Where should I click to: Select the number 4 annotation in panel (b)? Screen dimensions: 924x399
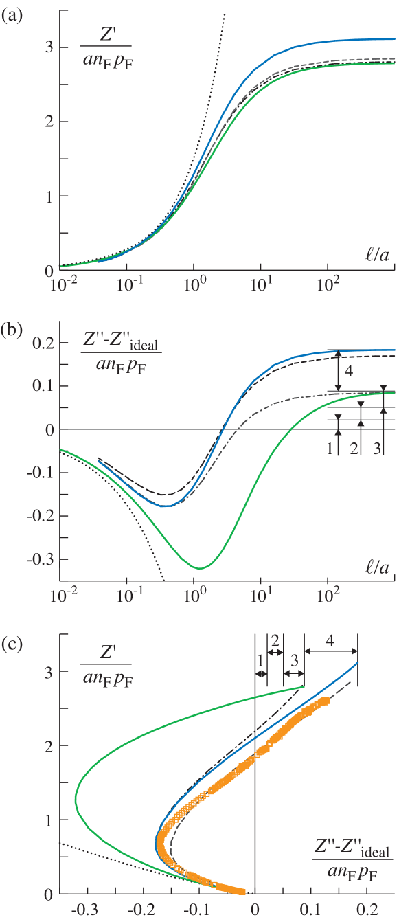348,371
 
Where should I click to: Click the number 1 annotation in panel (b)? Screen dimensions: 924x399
330,449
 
